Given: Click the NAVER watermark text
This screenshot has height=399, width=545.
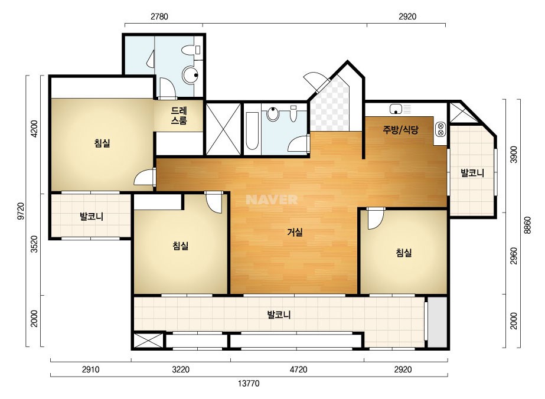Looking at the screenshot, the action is [x=272, y=199].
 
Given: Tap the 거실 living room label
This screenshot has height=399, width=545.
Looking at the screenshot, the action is [x=295, y=232].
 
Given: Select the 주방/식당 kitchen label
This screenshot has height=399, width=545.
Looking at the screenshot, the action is [x=400, y=130].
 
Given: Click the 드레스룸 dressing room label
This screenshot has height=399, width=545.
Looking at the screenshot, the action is [x=179, y=116].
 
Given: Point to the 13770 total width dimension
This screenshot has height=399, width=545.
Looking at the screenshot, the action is [x=249, y=384].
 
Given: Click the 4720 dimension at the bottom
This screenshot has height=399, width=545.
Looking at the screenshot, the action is [x=298, y=369].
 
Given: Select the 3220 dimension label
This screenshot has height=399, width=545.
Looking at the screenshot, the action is [x=181, y=369].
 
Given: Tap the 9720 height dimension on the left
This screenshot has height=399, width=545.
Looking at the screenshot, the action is [x=21, y=211].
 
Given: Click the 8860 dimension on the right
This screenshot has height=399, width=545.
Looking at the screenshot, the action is [x=528, y=225].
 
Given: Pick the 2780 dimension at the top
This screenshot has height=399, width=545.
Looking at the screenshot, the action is [x=159, y=17].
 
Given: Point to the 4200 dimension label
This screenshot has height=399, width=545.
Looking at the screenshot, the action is [x=34, y=129].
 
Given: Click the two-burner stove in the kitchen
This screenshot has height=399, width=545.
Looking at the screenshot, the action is [x=440, y=129].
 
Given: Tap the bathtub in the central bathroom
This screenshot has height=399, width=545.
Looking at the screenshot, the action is [x=252, y=130].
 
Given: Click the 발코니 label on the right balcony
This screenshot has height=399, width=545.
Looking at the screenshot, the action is [x=472, y=173].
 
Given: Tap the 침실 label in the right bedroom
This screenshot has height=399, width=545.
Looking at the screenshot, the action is [x=404, y=253].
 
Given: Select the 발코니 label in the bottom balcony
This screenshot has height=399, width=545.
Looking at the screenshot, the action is [x=279, y=315].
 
